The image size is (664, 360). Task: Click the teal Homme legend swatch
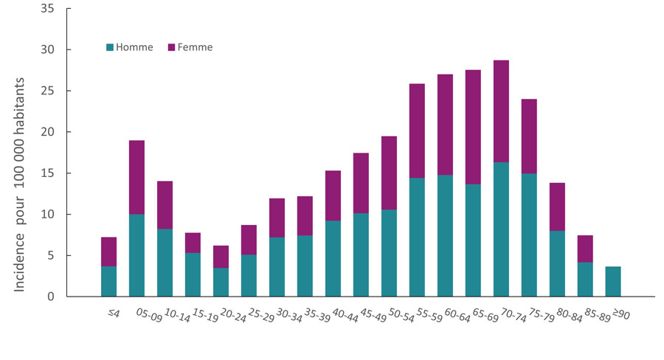pyautogui.click(x=110, y=47)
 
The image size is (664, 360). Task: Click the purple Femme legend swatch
pyautogui.click(x=172, y=47)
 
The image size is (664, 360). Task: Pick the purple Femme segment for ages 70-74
pyautogui.click(x=501, y=111)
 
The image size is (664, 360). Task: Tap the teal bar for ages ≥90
pyautogui.click(x=613, y=282)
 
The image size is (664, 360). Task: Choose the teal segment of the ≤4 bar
pyautogui.click(x=108, y=282)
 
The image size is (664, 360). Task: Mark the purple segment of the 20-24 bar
pyautogui.click(x=221, y=257)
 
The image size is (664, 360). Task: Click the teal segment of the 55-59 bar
pyautogui.click(x=417, y=238)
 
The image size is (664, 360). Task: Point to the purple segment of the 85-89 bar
pyautogui.click(x=585, y=249)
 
